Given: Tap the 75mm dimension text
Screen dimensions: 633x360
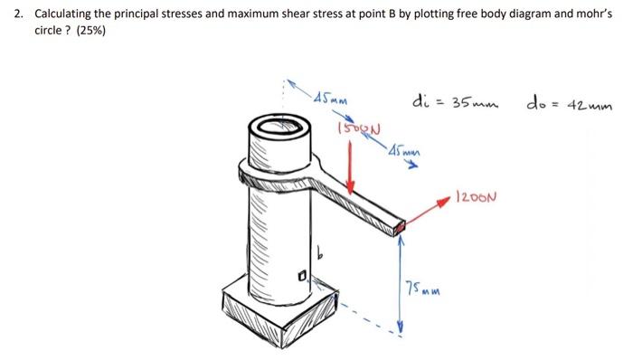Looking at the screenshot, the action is [420, 289].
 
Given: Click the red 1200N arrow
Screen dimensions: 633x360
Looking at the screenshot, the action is [426, 213].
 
